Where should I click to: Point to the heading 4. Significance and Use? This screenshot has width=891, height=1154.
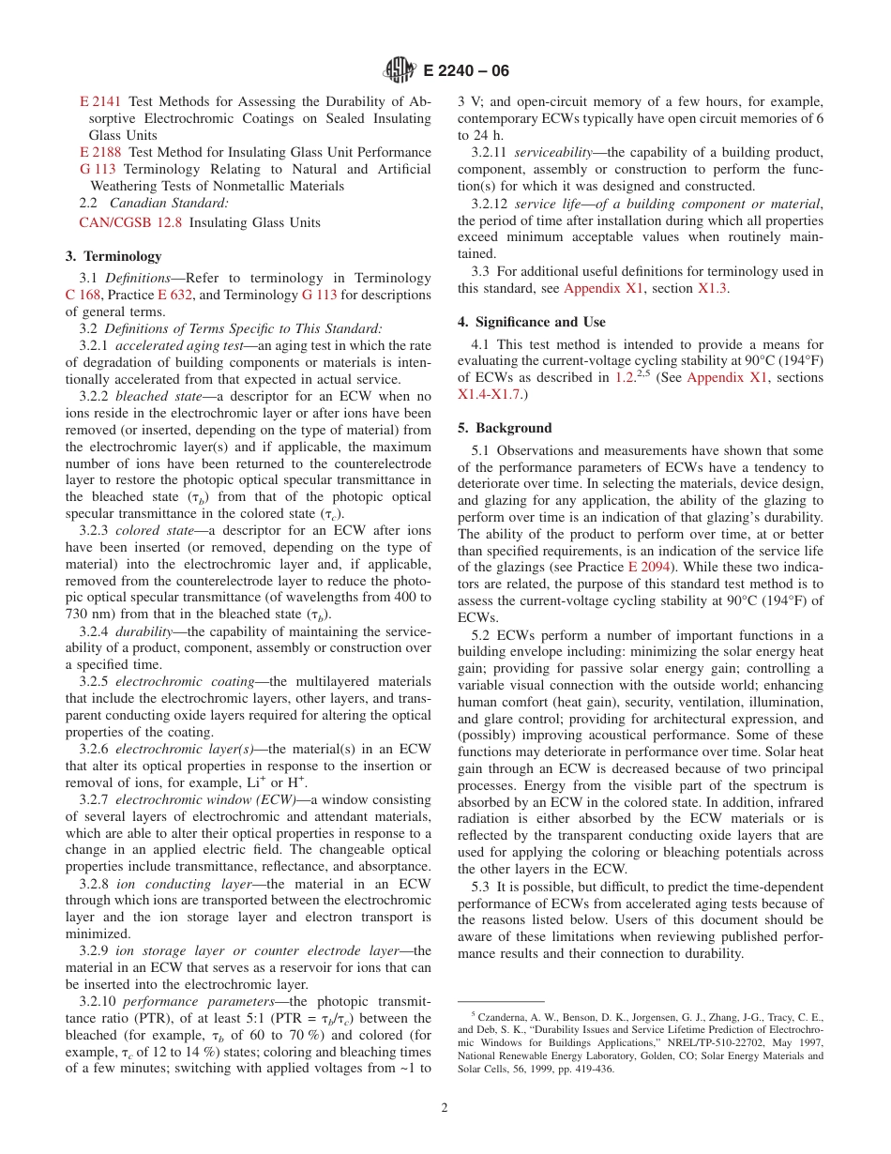pos(532,322)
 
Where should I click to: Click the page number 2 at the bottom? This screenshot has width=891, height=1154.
pos(445,1107)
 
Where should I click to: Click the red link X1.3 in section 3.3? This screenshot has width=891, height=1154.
pos(714,288)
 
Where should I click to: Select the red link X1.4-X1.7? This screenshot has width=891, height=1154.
pos(491,394)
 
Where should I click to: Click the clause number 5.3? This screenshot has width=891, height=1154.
pos(482,887)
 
